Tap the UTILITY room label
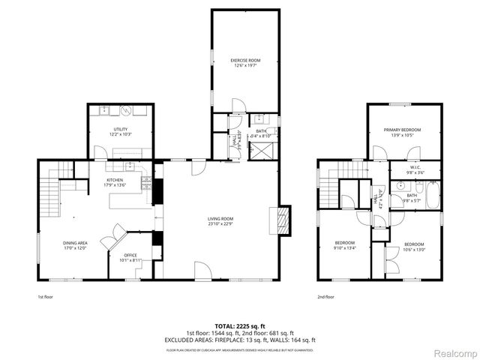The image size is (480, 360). pyautogui.click(x=121, y=130)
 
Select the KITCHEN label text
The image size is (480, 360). pyautogui.click(x=114, y=180)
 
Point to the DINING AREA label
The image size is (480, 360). pyautogui.click(x=75, y=243)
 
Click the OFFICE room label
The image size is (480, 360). pyautogui.click(x=130, y=256)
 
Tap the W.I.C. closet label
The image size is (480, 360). pyautogui.click(x=414, y=168)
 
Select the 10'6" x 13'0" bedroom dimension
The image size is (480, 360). pyautogui.click(x=414, y=250)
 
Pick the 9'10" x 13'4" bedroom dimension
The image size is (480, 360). pyautogui.click(x=344, y=248)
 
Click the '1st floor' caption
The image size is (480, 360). pyautogui.click(x=46, y=296)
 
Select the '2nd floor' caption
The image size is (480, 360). pyautogui.click(x=325, y=296)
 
